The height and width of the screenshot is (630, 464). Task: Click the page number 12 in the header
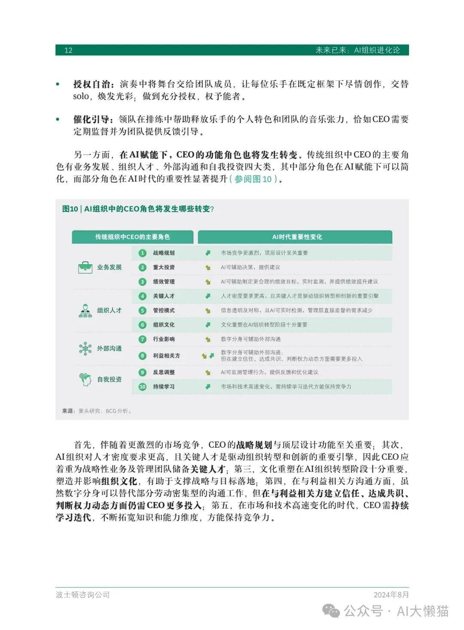pos(68,50)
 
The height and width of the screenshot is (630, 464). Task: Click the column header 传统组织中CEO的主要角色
pos(132,237)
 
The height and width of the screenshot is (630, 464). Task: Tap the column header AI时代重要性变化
pos(297,237)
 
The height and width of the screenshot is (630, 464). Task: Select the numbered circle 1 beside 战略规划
pos(143,253)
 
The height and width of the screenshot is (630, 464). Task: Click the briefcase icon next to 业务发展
pos(85,267)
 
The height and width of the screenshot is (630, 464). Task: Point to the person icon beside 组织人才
pos(85,310)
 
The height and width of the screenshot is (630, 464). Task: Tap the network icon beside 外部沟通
pos(85,349)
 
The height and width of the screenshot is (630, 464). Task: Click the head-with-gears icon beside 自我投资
pos(85,379)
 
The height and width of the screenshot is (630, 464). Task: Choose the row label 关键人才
pos(164,296)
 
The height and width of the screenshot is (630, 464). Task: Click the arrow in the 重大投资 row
pos(208,267)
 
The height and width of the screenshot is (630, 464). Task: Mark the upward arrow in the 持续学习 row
pos(208,387)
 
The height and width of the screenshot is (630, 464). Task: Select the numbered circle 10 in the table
pos(143,387)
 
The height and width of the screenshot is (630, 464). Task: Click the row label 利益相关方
pos(166,356)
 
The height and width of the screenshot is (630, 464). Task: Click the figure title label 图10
pos(70,209)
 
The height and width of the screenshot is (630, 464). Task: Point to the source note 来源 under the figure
pos(67,411)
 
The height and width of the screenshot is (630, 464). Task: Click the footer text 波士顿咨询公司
pos(83,595)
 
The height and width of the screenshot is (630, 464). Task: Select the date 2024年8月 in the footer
pos(391,595)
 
